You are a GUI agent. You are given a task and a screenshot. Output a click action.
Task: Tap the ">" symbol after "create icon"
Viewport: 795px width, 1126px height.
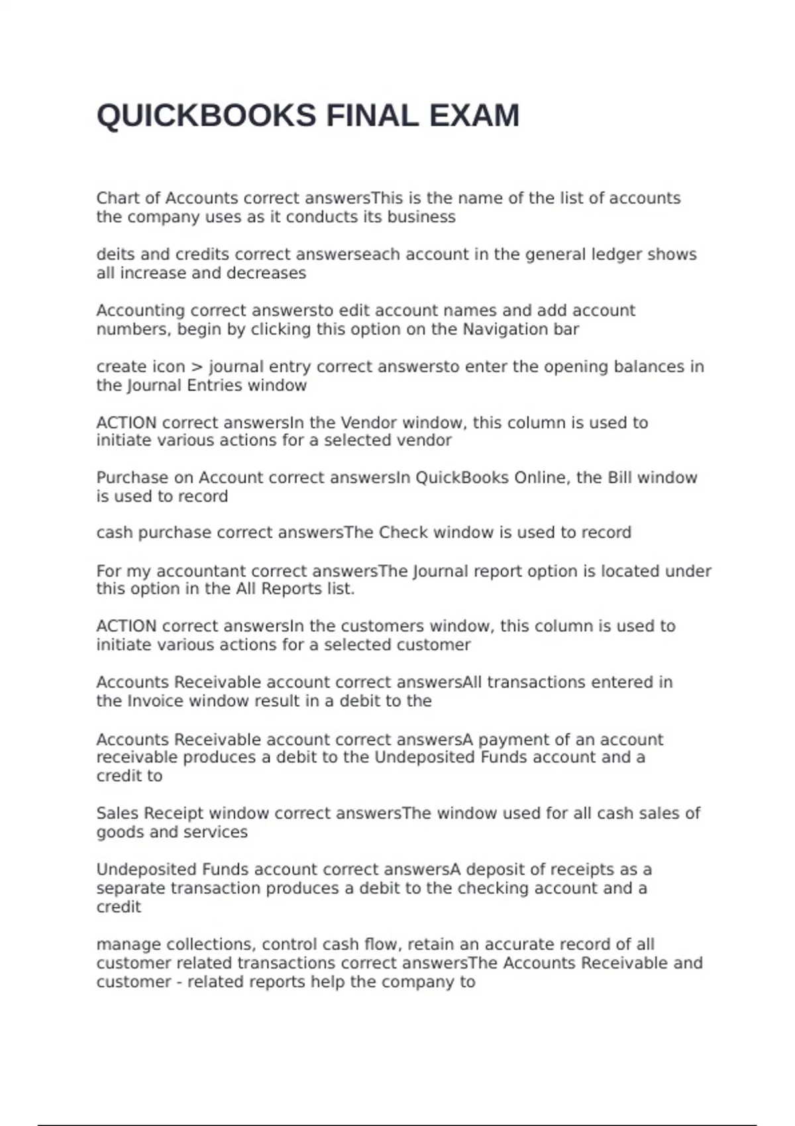click(197, 367)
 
